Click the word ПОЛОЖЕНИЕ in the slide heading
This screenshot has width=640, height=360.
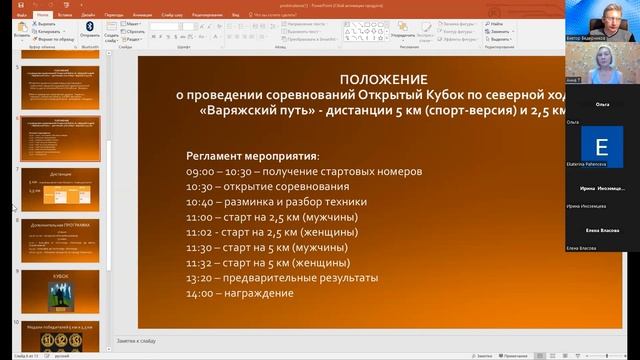point(383,78)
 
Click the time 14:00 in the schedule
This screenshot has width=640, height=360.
point(201,294)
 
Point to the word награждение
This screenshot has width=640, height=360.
point(259,294)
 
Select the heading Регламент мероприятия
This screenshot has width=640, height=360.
point(253,157)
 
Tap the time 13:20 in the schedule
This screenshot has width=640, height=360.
point(201,279)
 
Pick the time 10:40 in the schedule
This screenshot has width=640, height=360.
point(201,202)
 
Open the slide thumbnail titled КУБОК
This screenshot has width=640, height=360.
point(60,288)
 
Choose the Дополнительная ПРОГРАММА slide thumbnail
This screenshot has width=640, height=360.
point(60,238)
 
